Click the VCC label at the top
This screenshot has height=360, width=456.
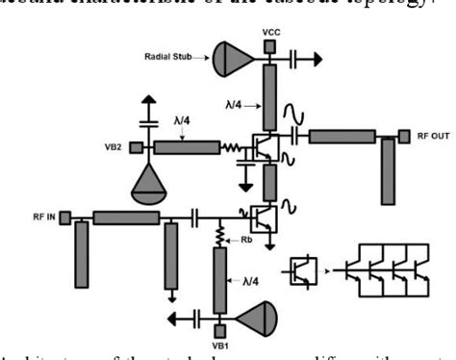(270, 33)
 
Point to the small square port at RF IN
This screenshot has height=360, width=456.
(64, 218)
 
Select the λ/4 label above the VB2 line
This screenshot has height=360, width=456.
(182, 122)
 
